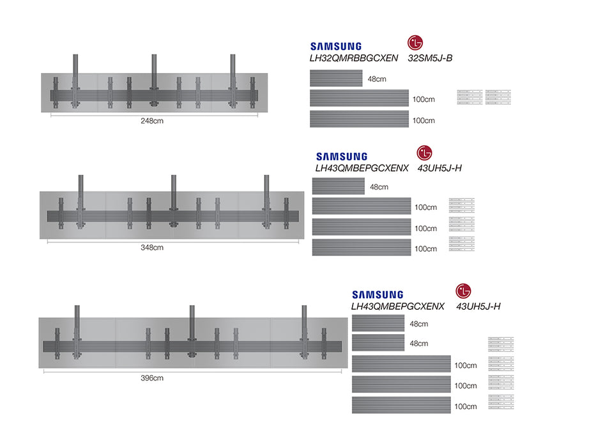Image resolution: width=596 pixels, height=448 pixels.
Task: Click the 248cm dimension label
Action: pos(153,121)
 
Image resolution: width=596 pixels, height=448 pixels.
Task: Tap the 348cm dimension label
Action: pos(153,247)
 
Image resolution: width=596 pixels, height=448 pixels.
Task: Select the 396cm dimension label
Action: pos(151,378)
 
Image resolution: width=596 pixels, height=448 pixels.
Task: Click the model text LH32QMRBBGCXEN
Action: pos(353,58)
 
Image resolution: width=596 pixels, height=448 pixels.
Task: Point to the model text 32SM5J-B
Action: pos(430,58)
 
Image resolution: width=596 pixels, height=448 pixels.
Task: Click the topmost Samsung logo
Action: pos(335,46)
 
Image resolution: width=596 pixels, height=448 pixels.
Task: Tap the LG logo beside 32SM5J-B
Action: pos(415,43)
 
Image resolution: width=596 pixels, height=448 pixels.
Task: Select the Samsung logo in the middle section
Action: pos(342,156)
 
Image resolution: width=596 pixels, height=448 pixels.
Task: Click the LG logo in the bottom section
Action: pos(463,291)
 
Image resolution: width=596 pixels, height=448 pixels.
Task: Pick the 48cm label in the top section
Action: pos(377,79)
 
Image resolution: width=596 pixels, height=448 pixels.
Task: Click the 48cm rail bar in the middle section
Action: pos(338,186)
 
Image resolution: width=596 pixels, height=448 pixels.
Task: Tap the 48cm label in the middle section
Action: pos(379,188)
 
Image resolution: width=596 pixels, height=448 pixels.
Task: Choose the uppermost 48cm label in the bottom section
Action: pos(419,324)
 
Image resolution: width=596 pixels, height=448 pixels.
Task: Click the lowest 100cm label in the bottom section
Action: pos(465,406)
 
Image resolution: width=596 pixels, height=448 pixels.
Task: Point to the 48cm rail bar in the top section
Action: pos(336,78)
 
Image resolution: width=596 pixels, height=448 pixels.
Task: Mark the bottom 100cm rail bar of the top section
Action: pos(359,119)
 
